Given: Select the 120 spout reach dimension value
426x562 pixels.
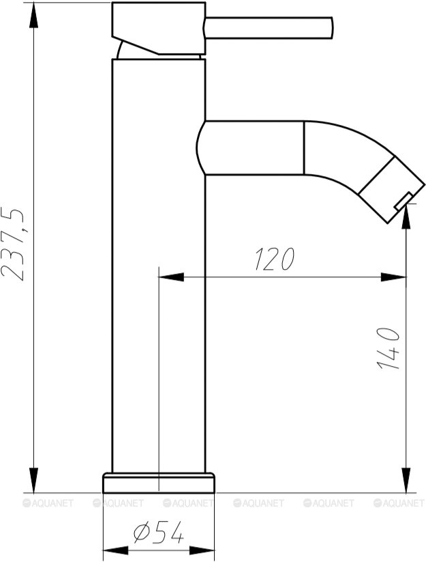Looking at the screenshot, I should pos(274,259).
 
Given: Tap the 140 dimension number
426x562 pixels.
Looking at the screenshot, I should pos(388,348).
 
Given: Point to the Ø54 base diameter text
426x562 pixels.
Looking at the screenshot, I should pos(158,533).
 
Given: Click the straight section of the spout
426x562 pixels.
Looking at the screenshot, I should pos(252,148).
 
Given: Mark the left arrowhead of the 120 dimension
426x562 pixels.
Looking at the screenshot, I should pos(170,277).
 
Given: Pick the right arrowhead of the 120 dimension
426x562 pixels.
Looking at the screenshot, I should pos(394,277).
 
